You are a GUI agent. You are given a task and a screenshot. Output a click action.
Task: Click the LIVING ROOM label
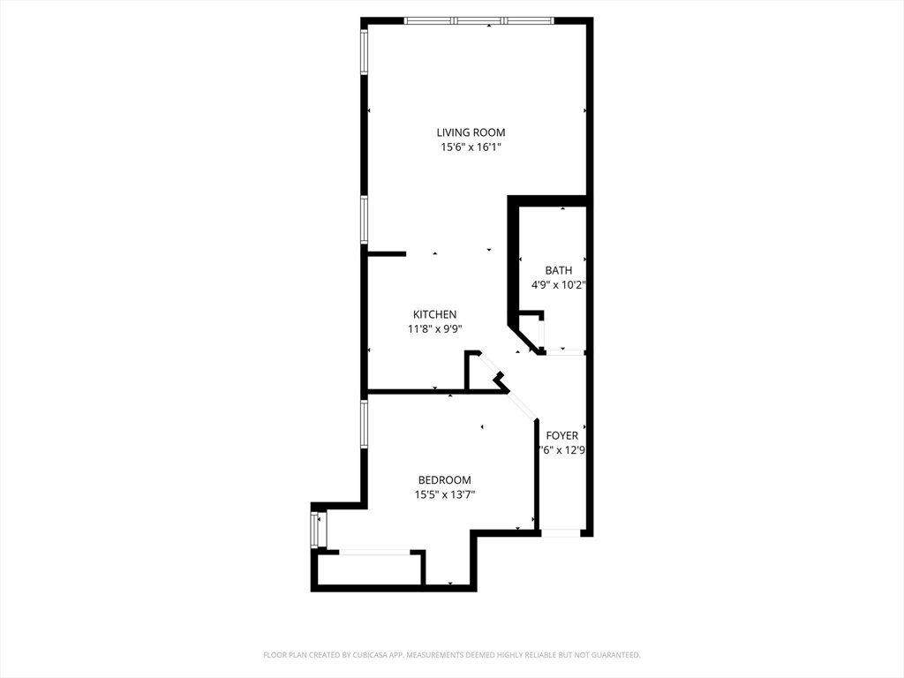pos(471,132)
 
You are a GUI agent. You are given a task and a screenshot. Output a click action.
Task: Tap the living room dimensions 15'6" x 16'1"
pos(471,147)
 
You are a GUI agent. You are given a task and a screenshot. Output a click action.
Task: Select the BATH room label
pos(558,270)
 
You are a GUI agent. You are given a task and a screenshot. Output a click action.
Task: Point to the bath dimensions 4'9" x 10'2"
pos(558,285)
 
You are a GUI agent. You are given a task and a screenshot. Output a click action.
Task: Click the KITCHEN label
pos(434,314)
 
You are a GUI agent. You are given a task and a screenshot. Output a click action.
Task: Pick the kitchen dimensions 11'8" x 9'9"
pos(434,329)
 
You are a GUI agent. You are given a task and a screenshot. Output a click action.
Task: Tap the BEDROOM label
pos(444,480)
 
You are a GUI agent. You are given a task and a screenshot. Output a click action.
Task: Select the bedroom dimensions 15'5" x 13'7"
pos(444,495)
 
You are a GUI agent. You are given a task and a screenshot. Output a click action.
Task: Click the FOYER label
pos(561,435)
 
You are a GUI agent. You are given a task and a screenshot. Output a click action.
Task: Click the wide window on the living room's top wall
pos(478,20)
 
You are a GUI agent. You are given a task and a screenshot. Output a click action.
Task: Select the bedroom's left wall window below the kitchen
pos(363,425)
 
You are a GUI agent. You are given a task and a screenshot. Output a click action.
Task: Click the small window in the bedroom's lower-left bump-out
pos(315,529)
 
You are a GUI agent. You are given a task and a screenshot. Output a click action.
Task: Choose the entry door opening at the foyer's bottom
pos(561,532)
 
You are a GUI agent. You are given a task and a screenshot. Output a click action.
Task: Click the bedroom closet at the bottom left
pos(371,569)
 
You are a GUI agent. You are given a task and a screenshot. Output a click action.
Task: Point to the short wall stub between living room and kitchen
pos(386,253)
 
